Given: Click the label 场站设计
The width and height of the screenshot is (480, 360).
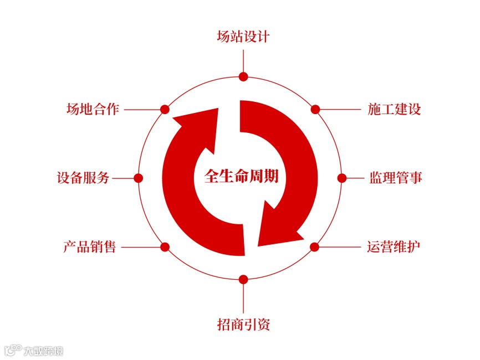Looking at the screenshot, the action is click(x=243, y=37).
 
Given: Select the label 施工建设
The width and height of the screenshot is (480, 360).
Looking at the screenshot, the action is click(x=394, y=109).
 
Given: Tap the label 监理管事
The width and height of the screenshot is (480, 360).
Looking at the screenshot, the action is click(x=396, y=178).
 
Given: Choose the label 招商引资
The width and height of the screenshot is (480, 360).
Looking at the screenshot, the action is click(x=243, y=324).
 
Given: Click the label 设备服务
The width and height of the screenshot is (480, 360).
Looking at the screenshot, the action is click(x=83, y=178).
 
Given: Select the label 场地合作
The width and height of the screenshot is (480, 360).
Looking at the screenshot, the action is click(x=93, y=109).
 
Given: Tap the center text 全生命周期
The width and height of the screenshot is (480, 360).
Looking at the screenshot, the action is click(x=242, y=178).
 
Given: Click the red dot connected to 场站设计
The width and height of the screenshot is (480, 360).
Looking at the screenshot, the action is click(x=243, y=77).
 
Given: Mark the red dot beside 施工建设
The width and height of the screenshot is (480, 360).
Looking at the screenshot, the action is click(x=315, y=109).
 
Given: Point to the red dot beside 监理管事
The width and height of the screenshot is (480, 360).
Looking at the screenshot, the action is click(x=342, y=178).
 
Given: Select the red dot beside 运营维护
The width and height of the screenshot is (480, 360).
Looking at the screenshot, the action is click(x=314, y=247).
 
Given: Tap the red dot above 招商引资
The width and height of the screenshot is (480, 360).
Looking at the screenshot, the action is click(x=243, y=279).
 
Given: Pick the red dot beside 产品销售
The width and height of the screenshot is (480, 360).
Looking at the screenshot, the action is click(x=164, y=247).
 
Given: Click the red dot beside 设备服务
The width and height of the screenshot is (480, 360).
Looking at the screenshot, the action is click(x=139, y=178).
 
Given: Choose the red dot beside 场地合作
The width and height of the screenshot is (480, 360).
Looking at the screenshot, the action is click(x=164, y=109).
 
